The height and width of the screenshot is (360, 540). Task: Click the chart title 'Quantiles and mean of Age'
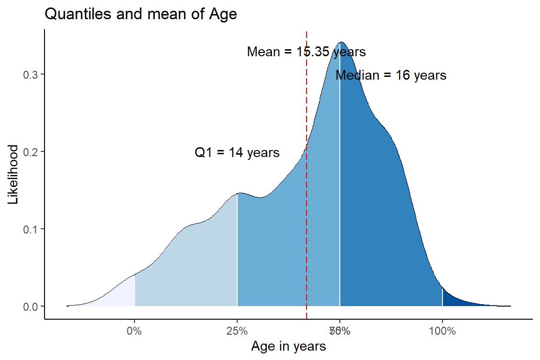click(x=141, y=15)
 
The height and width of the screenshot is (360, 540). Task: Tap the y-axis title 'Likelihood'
click(x=14, y=174)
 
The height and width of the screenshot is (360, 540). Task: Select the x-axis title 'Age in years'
click(x=288, y=347)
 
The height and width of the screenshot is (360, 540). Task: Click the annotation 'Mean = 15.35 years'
click(x=306, y=52)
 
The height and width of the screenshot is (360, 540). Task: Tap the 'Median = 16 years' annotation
click(x=391, y=75)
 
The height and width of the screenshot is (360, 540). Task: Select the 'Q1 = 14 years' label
click(x=237, y=153)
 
